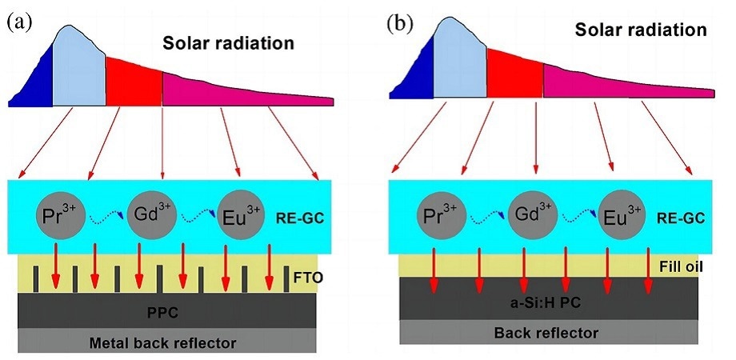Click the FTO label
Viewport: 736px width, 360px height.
307,278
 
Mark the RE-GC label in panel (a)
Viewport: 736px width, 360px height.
299,218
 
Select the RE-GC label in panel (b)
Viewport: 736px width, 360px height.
682,218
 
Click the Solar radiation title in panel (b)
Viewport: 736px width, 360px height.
641,30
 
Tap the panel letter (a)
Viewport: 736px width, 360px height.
19,23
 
